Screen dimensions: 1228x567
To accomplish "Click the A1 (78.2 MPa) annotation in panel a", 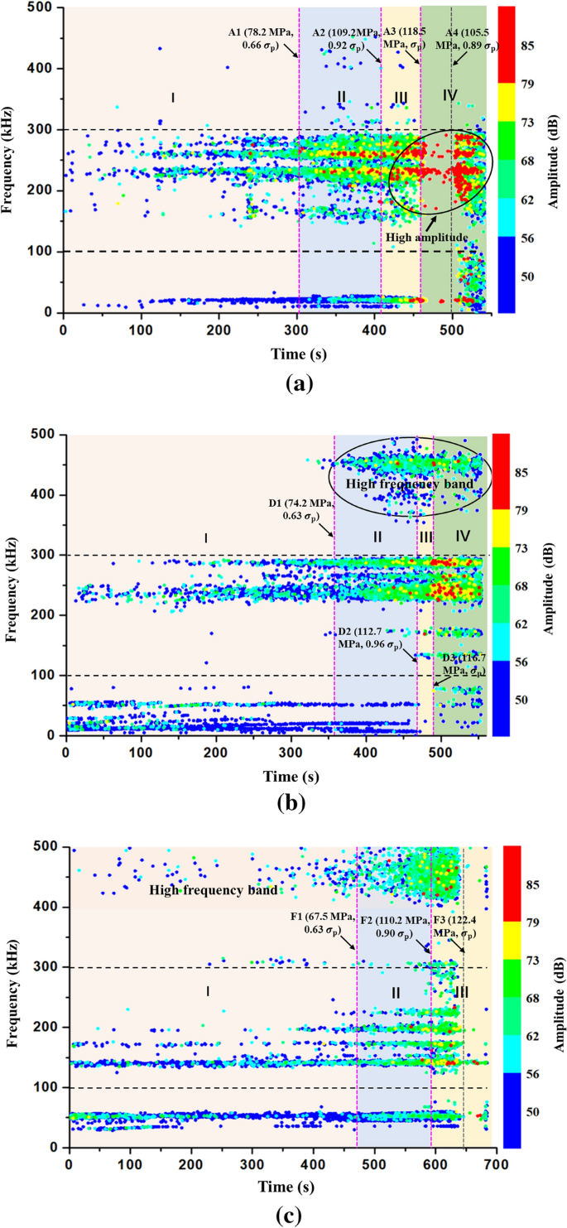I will pos(262,39).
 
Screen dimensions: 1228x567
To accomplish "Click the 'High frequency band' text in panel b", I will pos(409,484).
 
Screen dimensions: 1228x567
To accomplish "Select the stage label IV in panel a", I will pos(449,96).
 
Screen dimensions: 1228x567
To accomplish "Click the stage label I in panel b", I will pos(206,538).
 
